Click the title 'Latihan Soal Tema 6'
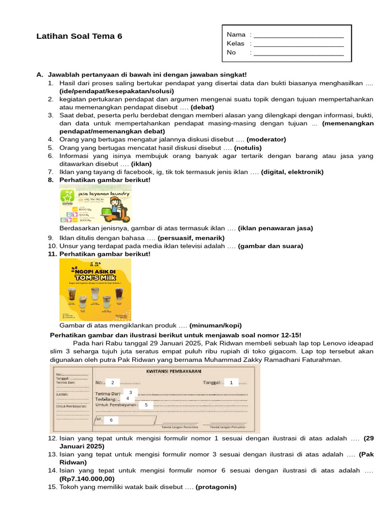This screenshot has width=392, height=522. click(x=80, y=36)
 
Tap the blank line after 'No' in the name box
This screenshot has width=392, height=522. click(x=298, y=53)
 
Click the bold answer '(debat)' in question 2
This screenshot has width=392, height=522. click(x=203, y=107)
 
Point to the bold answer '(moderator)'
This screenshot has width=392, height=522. click(x=266, y=139)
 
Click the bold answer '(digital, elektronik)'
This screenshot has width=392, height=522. click(x=292, y=172)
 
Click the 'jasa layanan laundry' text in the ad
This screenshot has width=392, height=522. click(x=103, y=193)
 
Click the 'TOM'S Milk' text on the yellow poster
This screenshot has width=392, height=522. click(x=95, y=278)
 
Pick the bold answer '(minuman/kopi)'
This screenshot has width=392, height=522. click(x=215, y=325)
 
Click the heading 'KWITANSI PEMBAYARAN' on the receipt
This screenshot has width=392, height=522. click(x=174, y=371)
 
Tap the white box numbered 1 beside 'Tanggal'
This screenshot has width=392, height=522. click(x=231, y=382)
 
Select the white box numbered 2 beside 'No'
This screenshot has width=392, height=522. click(x=112, y=382)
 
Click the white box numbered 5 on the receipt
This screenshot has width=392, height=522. click(x=146, y=405)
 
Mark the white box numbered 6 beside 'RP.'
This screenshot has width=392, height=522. click(x=111, y=420)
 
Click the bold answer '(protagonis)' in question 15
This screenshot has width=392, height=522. click(x=216, y=487)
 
